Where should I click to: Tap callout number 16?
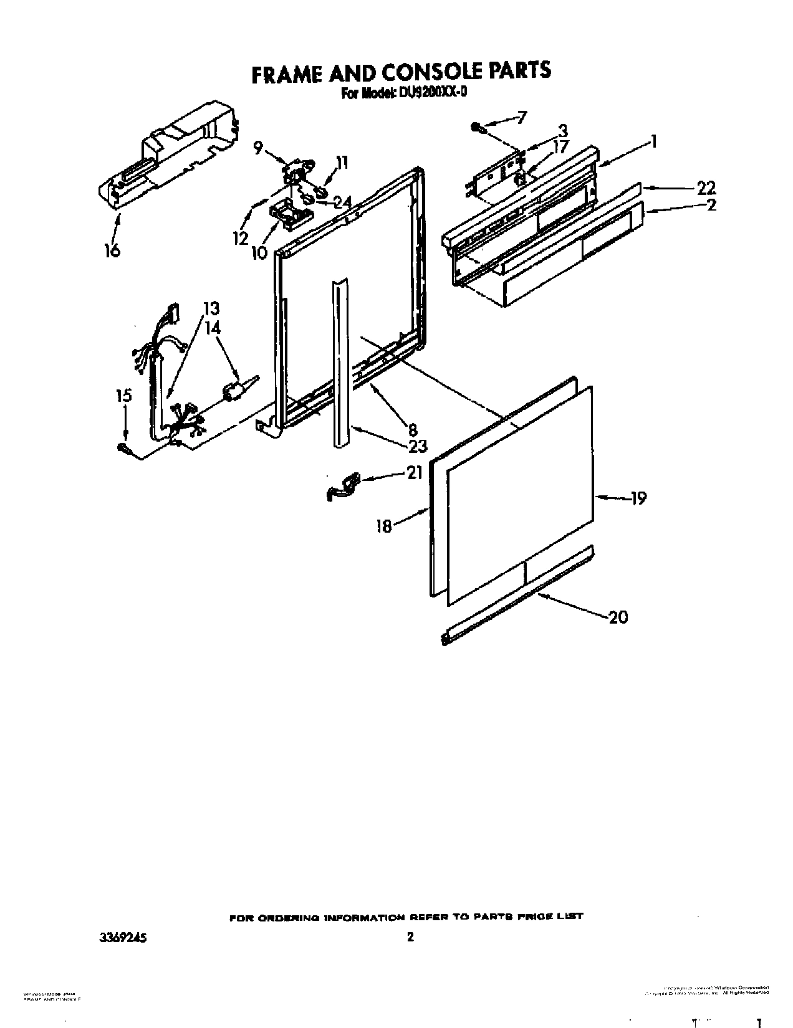coord(112,250)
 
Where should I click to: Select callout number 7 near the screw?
coord(522,117)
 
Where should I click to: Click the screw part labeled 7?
coord(479,128)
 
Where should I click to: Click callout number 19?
coord(638,498)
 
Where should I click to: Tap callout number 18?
coord(383,526)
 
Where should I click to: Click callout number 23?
coord(418,445)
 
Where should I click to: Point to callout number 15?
coord(124,395)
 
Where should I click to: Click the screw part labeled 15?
coord(124,447)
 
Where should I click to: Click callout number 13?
coord(211,308)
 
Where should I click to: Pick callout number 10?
coord(259,252)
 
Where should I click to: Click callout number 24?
coord(342,202)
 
